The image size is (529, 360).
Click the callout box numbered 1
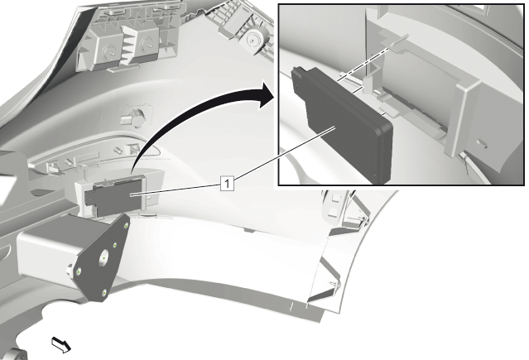227,184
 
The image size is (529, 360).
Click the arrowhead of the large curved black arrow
266,94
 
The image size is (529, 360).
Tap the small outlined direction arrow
61,344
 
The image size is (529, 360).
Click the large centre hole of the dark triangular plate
103,258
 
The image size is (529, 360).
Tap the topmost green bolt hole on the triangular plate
126,226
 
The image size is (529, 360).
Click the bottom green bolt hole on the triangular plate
104,292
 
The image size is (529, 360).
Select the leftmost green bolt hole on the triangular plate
79,271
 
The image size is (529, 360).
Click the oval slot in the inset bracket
483,144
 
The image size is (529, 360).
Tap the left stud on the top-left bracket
111,51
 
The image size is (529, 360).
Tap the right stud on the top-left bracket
147,43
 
